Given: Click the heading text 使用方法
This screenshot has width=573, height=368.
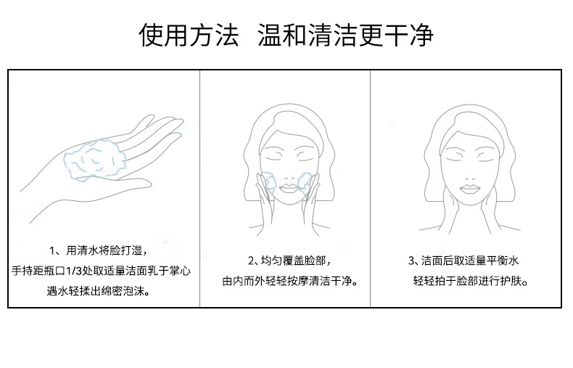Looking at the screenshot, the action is click(189, 35).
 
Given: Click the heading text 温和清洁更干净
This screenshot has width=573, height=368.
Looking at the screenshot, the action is click(346, 35).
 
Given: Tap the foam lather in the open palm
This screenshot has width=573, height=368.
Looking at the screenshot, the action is click(95, 160).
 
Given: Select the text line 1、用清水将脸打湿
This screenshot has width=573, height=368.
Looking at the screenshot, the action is click(99, 250).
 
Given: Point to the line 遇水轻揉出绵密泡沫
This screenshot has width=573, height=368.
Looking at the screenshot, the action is click(99, 291).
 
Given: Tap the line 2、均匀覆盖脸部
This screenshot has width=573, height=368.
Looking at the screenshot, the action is click(289, 261).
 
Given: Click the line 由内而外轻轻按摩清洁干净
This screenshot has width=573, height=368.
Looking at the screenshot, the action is click(290, 281).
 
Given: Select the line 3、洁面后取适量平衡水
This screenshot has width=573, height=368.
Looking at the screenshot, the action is click(463, 261).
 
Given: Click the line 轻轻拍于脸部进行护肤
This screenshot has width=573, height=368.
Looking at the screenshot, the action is click(471, 281).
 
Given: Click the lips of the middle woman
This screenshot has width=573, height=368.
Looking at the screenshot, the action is click(289, 189).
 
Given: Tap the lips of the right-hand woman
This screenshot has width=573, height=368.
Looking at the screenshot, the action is click(469, 189).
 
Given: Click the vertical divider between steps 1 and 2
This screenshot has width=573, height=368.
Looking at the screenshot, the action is click(200, 189).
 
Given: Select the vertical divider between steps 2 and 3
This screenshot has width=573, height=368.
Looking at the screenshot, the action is click(370, 189).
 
